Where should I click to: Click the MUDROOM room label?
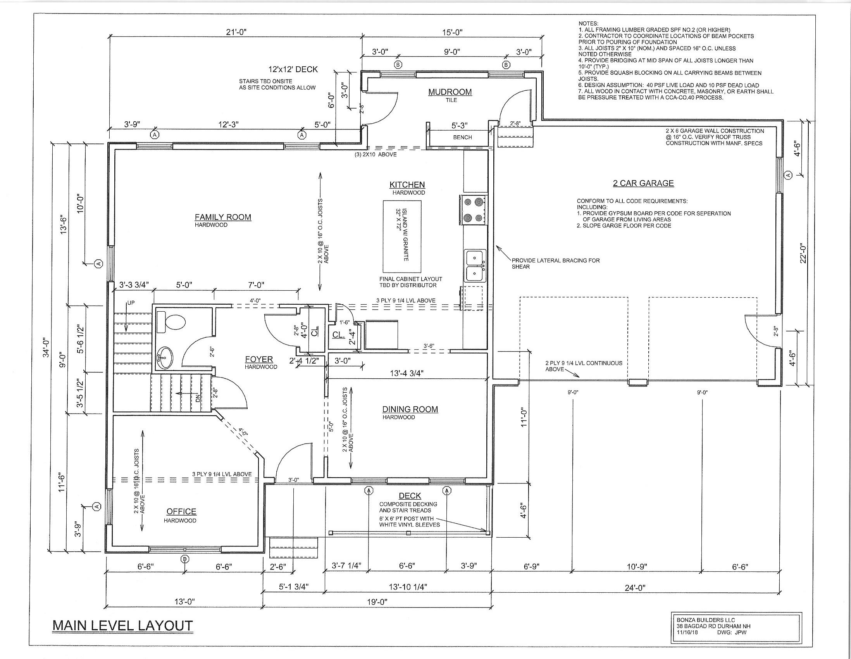450,92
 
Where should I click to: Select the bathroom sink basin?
165,357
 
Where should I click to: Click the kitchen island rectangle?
402,236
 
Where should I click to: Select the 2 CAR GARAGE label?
643,183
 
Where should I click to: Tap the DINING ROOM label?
410,409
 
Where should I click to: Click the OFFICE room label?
181,511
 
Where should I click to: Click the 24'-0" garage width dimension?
636,588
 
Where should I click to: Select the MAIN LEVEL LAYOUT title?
122,626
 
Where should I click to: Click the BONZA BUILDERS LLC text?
705,619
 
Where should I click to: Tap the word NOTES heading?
588,24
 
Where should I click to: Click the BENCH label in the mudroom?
462,137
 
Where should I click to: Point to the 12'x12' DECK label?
293,69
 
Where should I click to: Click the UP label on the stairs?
131,302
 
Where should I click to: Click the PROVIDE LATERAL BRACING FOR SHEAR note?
555,264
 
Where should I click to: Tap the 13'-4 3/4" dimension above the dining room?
407,373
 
